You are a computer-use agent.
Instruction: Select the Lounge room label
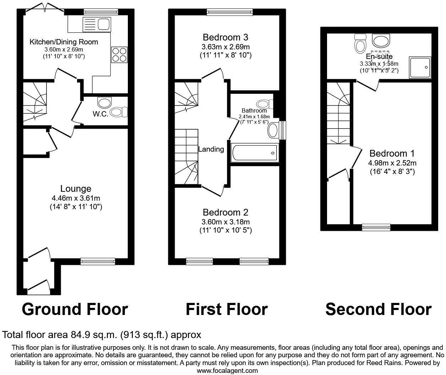[76, 189]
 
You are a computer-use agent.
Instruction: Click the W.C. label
[100, 114]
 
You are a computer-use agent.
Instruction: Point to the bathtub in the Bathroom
[254, 153]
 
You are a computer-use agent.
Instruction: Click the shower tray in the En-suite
[420, 67]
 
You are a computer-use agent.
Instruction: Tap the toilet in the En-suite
[360, 43]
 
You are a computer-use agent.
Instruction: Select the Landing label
[211, 149]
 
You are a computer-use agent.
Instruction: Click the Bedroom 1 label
[392, 153]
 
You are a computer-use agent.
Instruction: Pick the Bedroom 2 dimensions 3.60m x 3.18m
[226, 222]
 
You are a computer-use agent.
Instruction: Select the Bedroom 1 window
[376, 228]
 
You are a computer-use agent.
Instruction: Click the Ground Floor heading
[75, 309]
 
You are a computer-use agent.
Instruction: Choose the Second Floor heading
[379, 309]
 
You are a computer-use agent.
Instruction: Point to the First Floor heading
[227, 309]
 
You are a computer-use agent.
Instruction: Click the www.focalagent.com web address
[227, 371]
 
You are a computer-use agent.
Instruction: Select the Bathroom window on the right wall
[283, 131]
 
